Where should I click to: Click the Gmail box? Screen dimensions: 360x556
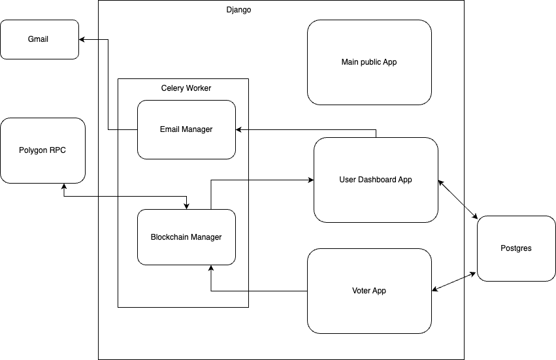pyautogui.click(x=39, y=39)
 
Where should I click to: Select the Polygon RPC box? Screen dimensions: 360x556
pyautogui.click(x=42, y=150)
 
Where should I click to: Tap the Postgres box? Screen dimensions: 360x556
pyautogui.click(x=515, y=248)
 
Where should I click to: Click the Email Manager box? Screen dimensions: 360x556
pyautogui.click(x=186, y=129)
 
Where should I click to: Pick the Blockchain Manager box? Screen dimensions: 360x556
pyautogui.click(x=186, y=237)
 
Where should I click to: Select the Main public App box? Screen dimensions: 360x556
pyautogui.click(x=369, y=62)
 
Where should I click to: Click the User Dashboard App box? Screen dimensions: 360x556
pyautogui.click(x=376, y=180)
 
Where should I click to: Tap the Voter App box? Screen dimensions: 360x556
pyautogui.click(x=369, y=291)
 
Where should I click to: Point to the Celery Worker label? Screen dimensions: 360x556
pyautogui.click(x=186, y=88)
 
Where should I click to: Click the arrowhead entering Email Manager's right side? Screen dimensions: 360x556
pyautogui.click(x=239, y=129)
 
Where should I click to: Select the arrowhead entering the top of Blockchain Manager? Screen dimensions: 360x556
pyautogui.click(x=188, y=206)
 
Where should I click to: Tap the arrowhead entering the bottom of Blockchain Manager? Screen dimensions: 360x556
pyautogui.click(x=211, y=268)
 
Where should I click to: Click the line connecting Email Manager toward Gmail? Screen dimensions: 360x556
pyautogui.click(x=108, y=85)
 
